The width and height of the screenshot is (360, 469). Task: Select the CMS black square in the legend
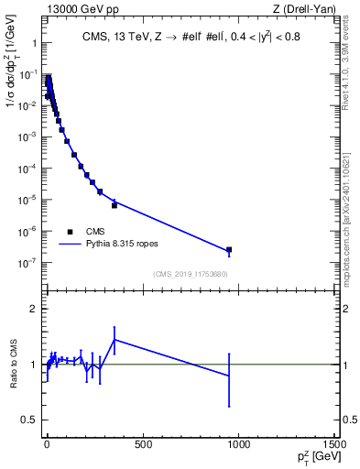70,232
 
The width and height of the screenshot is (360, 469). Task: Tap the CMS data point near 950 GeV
229,249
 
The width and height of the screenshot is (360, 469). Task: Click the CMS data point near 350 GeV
114,205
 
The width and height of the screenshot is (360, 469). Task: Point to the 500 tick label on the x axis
143,445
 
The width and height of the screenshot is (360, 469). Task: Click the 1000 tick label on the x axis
239,445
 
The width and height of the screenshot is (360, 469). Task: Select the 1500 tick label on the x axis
334,445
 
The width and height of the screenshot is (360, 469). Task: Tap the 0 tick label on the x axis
47,445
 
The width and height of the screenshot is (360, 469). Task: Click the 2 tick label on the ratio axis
31,310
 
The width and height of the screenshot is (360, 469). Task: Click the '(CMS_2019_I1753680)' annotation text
190,274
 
